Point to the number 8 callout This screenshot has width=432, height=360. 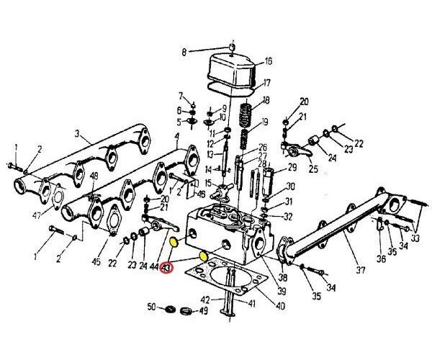(x=184, y=52)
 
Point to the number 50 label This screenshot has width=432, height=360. (x=152, y=308)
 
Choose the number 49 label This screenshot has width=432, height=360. (x=204, y=312)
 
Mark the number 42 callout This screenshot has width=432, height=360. (x=205, y=299)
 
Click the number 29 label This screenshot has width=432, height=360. (x=292, y=168)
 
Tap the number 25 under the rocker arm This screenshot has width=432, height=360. (x=313, y=169)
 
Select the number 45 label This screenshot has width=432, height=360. (x=96, y=262)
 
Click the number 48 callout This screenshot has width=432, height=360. (x=94, y=175)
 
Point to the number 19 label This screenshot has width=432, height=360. (x=265, y=122)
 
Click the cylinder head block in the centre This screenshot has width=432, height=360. (x=223, y=230)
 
